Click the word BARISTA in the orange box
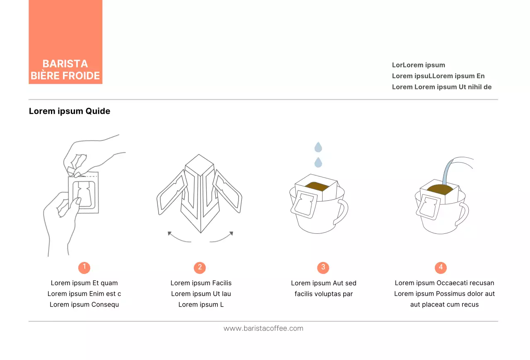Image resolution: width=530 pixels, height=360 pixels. pyautogui.click(x=65, y=64)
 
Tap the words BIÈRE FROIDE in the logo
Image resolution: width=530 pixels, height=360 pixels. pyautogui.click(x=65, y=76)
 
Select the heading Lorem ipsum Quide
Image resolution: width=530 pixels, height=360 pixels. pyautogui.click(x=70, y=111)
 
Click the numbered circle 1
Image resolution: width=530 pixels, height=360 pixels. pyautogui.click(x=84, y=267)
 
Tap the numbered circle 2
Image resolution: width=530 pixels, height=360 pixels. pyautogui.click(x=200, y=267)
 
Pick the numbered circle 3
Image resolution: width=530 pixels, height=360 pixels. pyautogui.click(x=323, y=267)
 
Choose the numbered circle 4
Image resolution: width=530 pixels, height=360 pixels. pyautogui.click(x=441, y=267)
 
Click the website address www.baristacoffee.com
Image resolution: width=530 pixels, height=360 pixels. pyautogui.click(x=263, y=329)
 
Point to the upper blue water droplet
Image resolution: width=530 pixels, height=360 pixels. pyautogui.click(x=318, y=147)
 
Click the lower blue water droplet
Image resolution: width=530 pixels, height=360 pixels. pyautogui.click(x=318, y=162)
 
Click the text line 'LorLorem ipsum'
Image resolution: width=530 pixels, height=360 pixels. pyautogui.click(x=418, y=65)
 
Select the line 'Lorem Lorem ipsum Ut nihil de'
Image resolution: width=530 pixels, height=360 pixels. pyautogui.click(x=441, y=87)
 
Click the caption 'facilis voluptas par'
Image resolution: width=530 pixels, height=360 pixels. pyautogui.click(x=323, y=294)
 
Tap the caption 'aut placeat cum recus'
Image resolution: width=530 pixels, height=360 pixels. pyautogui.click(x=444, y=305)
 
